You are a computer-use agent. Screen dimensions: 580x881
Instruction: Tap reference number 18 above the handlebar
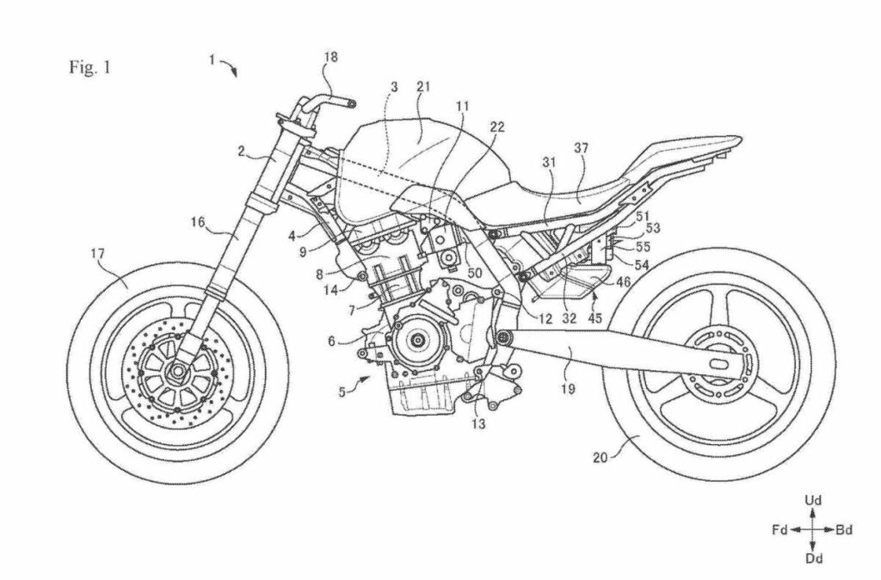coord(330,58)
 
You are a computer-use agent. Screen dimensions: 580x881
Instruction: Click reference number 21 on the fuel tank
coord(423,88)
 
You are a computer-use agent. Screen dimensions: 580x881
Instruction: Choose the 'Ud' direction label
coord(811,499)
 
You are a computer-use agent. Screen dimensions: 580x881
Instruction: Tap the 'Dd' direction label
coord(811,559)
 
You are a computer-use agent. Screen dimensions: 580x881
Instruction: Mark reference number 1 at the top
coord(211,59)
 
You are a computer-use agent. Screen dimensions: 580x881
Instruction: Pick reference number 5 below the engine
coord(342,392)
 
